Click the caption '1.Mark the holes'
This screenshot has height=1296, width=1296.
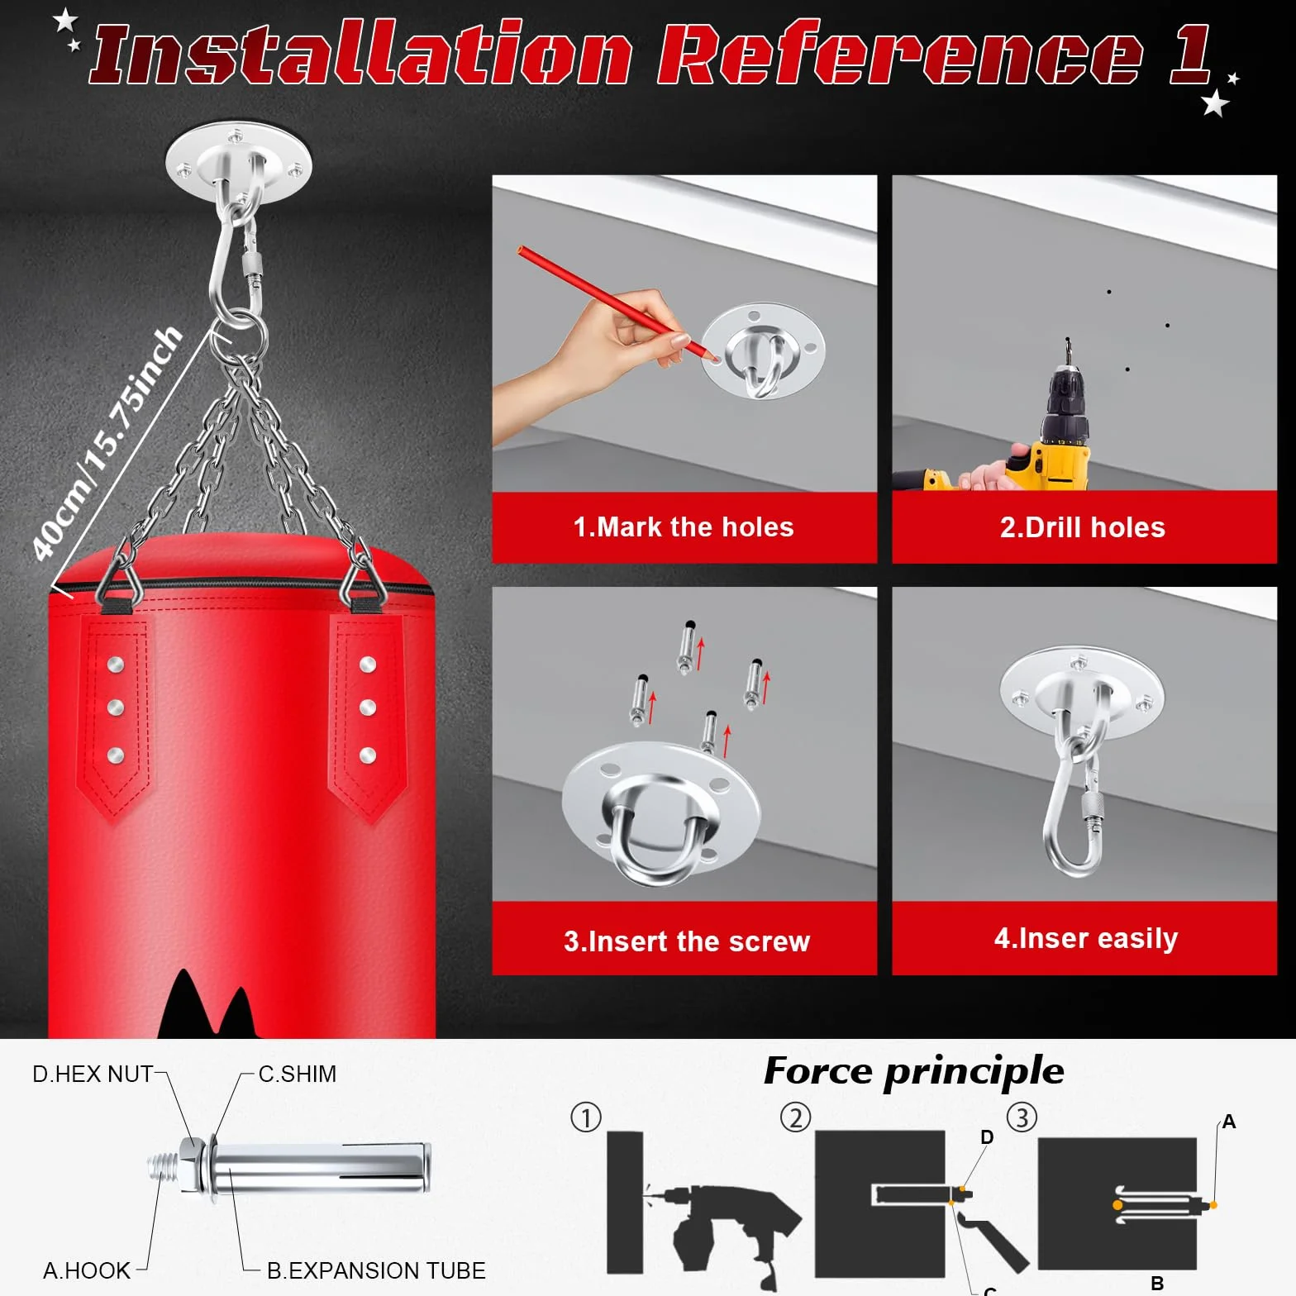pos(684,527)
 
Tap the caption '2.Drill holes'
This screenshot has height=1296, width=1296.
pos(1083,527)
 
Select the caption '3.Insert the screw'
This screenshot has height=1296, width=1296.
pos(687,941)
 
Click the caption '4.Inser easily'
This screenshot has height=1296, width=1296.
pos(1086,939)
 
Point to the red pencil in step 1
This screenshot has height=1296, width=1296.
pos(617,303)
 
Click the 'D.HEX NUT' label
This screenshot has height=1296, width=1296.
pos(93,1074)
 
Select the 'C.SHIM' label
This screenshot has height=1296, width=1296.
pos(298,1074)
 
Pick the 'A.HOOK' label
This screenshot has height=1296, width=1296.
pos(87,1270)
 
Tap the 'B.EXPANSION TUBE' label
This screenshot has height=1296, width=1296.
pos(376,1270)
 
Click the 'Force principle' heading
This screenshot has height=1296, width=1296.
pos(914,1072)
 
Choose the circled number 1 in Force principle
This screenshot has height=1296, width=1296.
pos(586,1118)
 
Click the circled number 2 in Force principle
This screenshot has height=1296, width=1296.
pos(795,1118)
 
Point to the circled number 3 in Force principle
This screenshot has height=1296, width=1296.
pos(1022,1118)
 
